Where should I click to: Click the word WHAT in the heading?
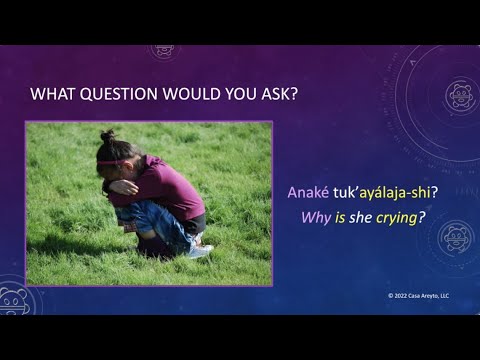[53, 95]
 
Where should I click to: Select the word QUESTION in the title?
[118, 95]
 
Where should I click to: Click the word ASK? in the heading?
[282, 95]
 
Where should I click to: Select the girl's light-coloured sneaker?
[200, 251]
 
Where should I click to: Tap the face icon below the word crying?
[453, 238]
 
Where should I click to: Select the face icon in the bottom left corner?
[14, 300]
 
